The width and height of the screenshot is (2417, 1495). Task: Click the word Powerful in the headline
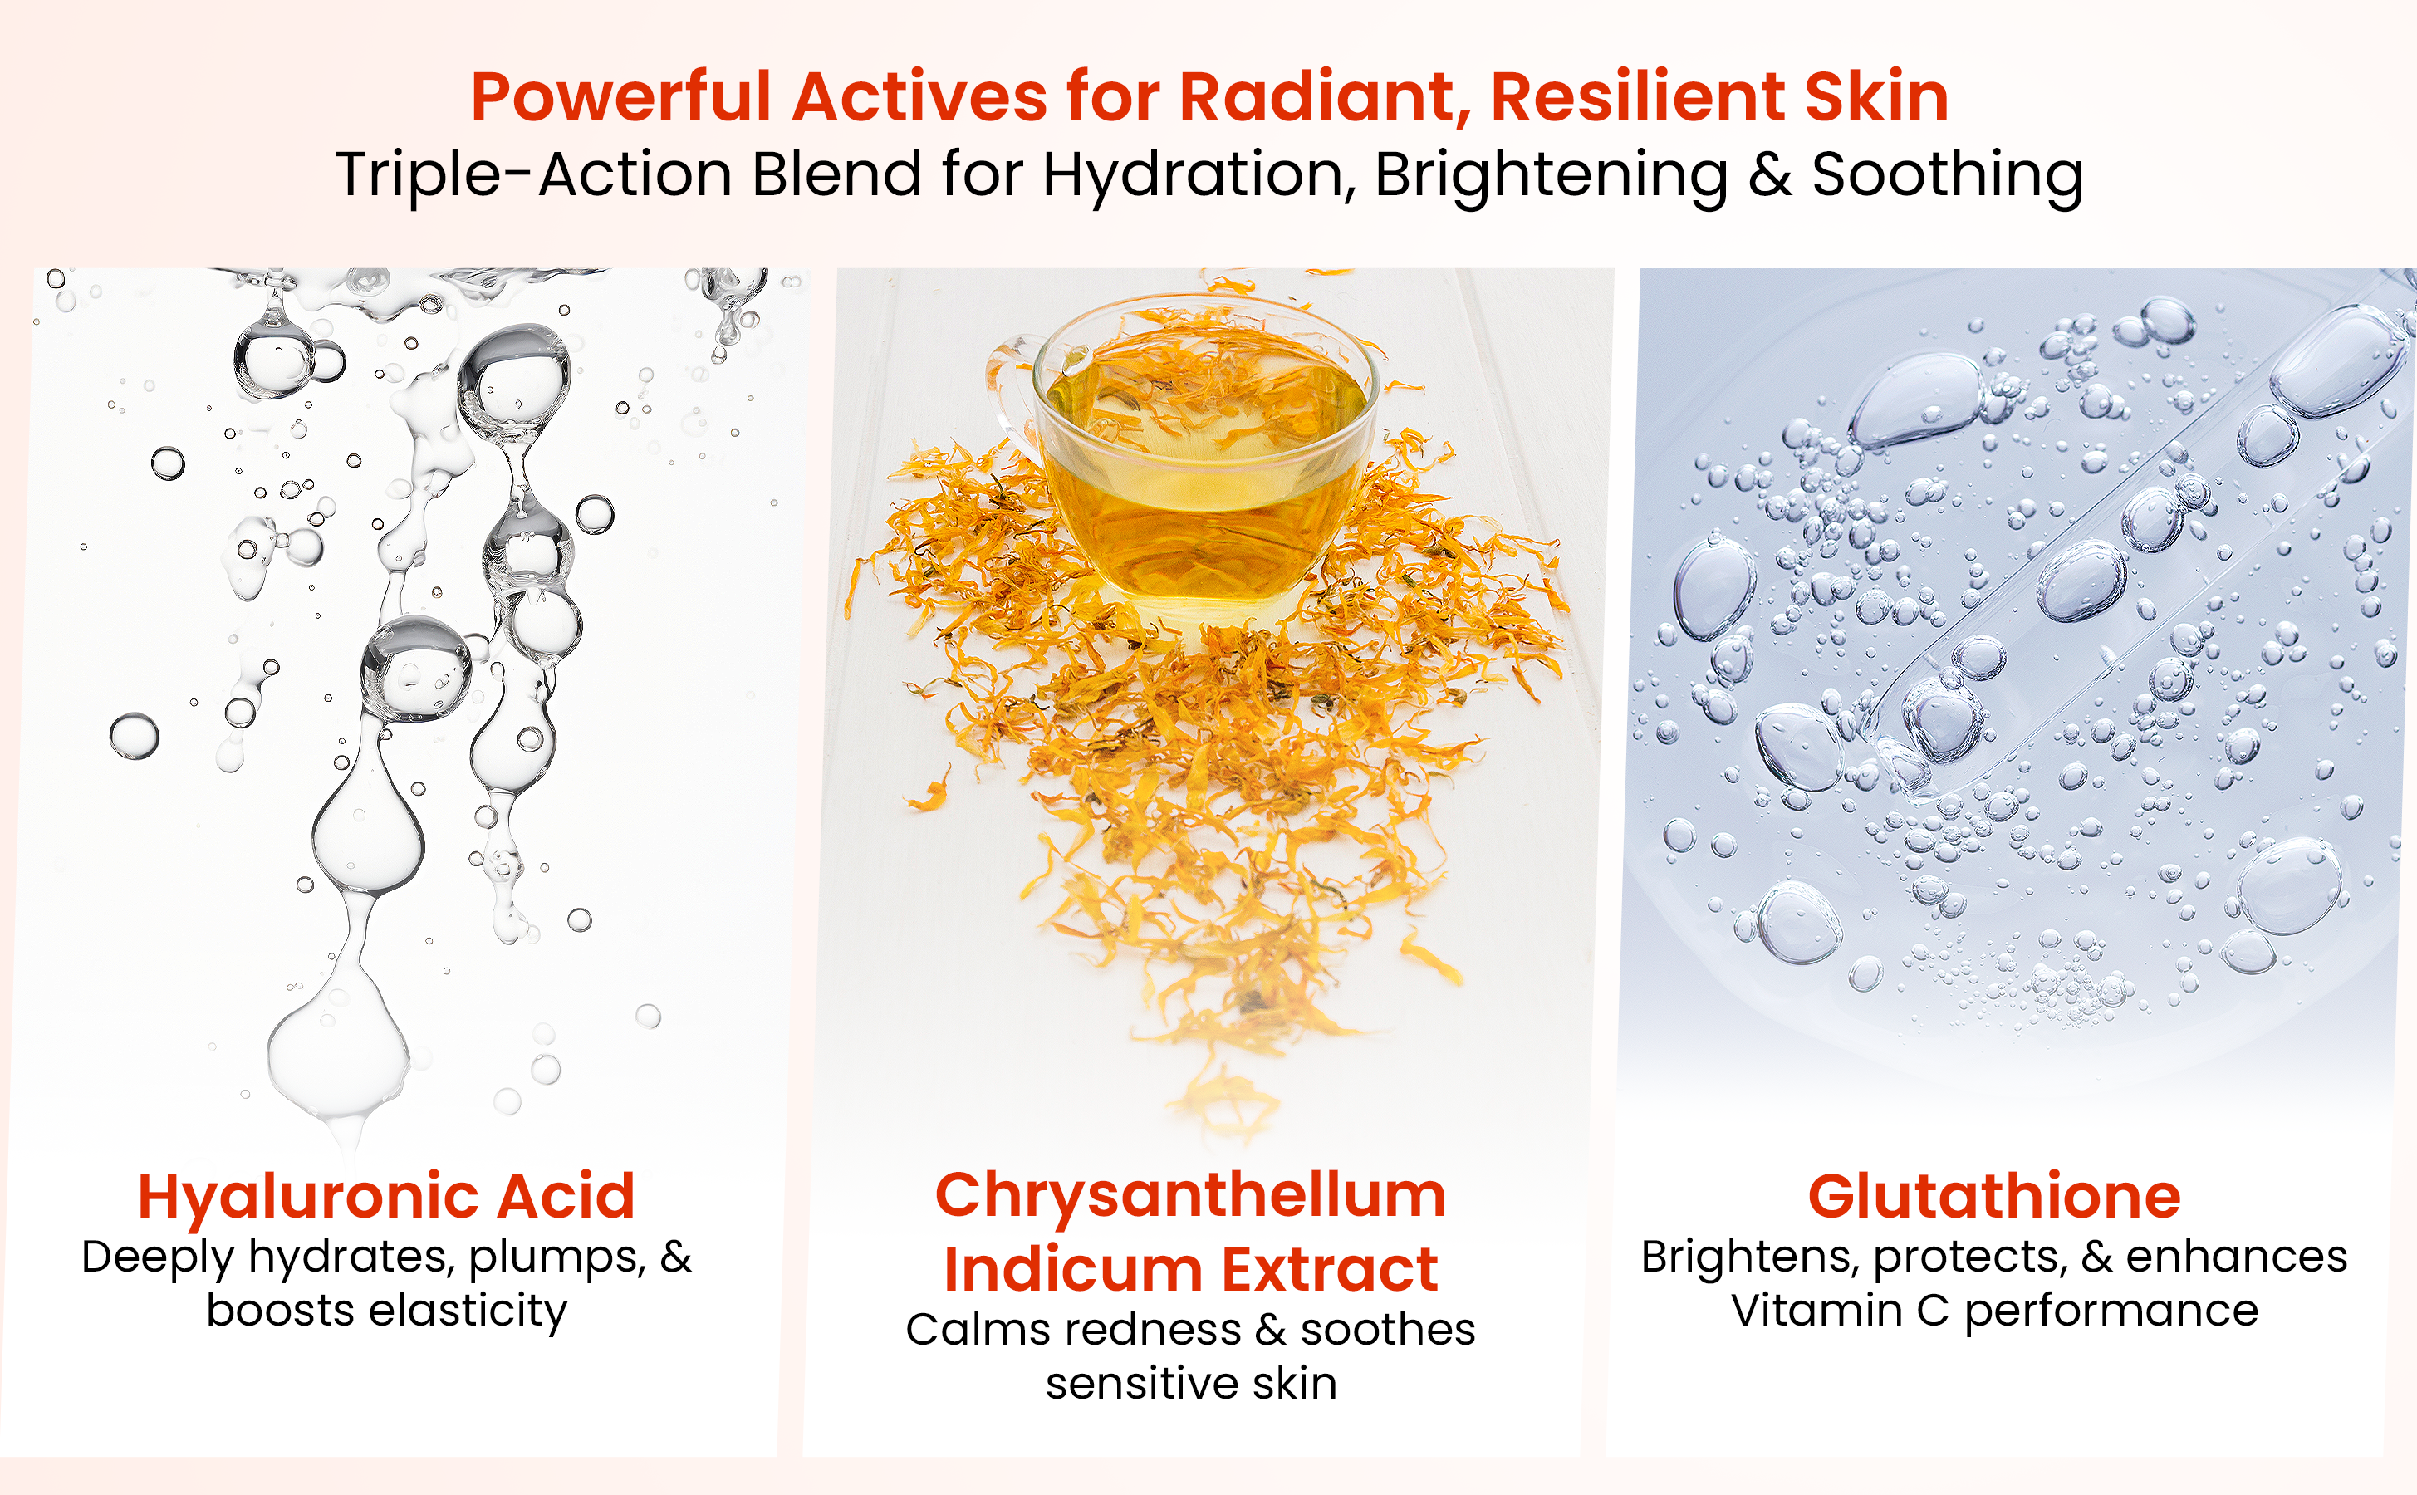[620, 97]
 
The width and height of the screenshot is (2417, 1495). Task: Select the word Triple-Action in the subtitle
[534, 175]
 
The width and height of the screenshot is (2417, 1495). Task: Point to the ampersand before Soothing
[1769, 175]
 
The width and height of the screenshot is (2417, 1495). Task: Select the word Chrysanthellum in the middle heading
[1191, 1196]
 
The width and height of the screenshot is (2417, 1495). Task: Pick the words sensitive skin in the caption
[1191, 1383]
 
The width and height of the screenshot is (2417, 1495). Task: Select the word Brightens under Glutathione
[1748, 1257]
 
